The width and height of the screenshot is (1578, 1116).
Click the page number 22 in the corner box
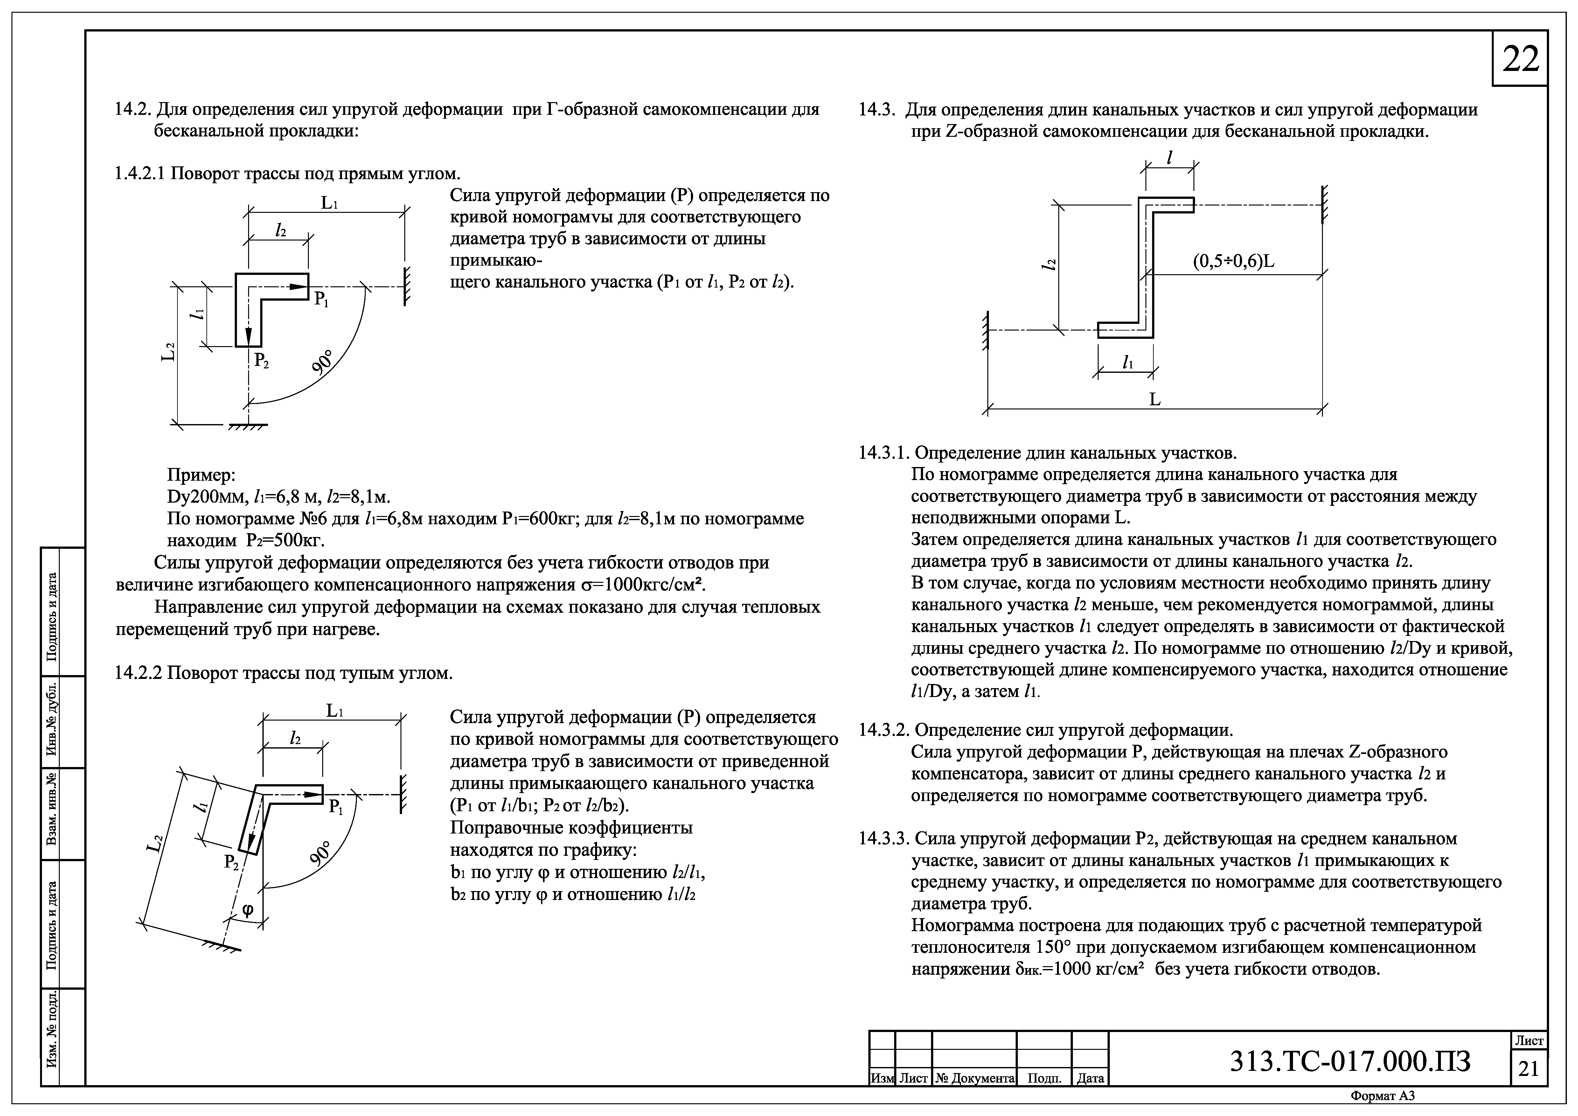click(1520, 60)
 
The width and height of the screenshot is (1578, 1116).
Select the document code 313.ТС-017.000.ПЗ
click(1351, 1062)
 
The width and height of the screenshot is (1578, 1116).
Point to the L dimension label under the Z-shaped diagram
click(1155, 399)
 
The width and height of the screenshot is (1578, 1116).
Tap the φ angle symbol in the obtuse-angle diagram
click(247, 910)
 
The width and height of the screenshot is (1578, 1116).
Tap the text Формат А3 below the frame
click(1383, 1096)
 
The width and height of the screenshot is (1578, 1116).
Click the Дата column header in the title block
click(1090, 1078)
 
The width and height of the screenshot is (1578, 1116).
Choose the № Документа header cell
click(975, 1078)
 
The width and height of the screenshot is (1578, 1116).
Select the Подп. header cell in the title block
click(1044, 1078)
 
